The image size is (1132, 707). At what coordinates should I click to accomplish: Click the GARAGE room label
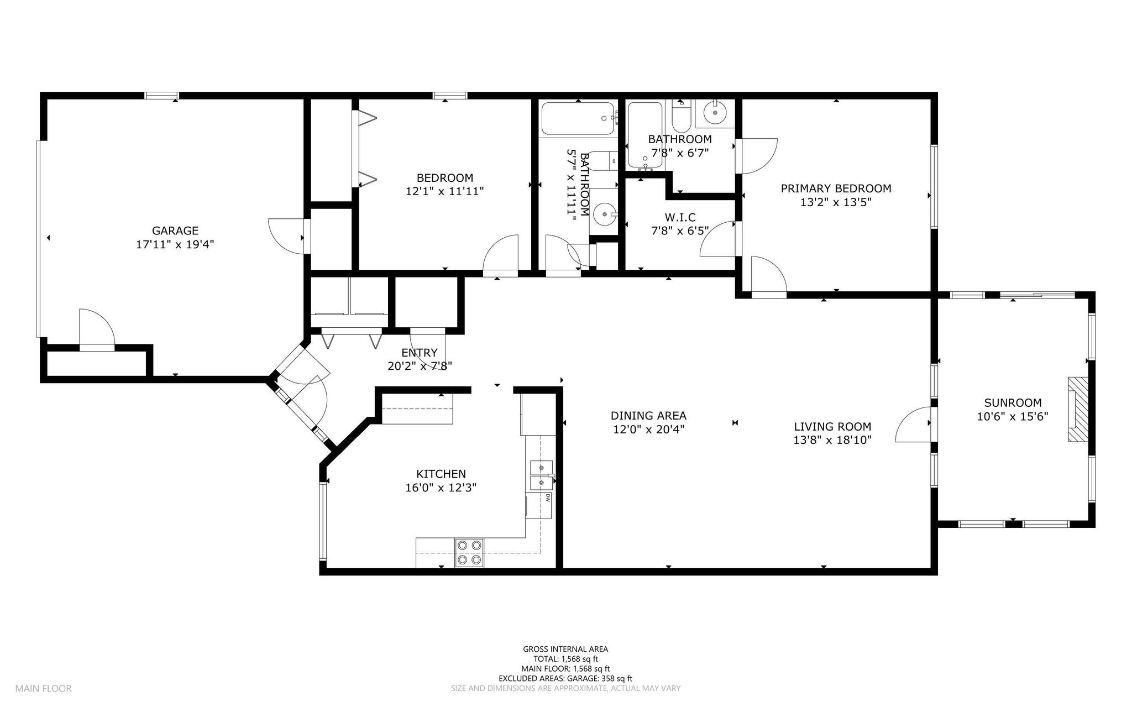pyautogui.click(x=175, y=231)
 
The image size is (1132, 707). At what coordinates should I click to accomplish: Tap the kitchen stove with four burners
pyautogui.click(x=469, y=553)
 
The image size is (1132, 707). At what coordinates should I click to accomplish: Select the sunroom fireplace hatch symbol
pyautogui.click(x=1078, y=410)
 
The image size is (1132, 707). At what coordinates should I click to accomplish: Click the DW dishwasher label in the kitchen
pyautogui.click(x=548, y=497)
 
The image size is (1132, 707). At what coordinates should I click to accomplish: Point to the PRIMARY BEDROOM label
pyautogui.click(x=836, y=188)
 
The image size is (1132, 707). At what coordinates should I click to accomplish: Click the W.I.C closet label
pyautogui.click(x=680, y=217)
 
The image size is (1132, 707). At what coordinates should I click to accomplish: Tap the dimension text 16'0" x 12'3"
pyautogui.click(x=441, y=488)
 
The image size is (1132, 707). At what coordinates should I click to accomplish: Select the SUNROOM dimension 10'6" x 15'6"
pyautogui.click(x=1013, y=417)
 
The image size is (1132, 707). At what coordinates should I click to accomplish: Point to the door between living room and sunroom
pyautogui.click(x=913, y=425)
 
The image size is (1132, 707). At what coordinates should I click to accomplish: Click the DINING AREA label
pyautogui.click(x=648, y=416)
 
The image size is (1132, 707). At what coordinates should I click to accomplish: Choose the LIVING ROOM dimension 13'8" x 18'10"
pyautogui.click(x=832, y=440)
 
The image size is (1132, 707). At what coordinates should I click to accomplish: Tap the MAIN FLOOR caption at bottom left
pyautogui.click(x=43, y=689)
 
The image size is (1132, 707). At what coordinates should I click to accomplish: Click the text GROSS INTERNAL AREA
pyautogui.click(x=565, y=649)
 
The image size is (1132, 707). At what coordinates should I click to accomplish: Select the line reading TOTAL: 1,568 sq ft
pyautogui.click(x=565, y=659)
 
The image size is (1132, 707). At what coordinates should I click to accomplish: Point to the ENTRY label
pyautogui.click(x=420, y=353)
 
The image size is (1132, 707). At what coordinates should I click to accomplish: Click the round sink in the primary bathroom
pyautogui.click(x=715, y=113)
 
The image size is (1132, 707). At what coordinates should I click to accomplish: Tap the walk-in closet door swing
pyautogui.click(x=717, y=239)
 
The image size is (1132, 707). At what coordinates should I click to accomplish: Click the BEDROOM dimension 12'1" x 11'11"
pyautogui.click(x=444, y=191)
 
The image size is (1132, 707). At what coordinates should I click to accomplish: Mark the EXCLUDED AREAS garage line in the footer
pyautogui.click(x=565, y=678)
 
